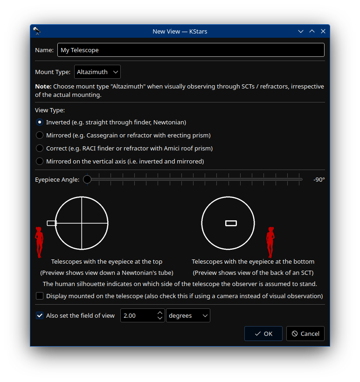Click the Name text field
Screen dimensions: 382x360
pyautogui.click(x=190, y=50)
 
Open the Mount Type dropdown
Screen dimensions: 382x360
pyautogui.click(x=97, y=72)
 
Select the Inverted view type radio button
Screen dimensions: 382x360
pyautogui.click(x=40, y=122)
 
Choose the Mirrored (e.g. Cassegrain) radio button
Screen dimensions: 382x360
pyautogui.click(x=40, y=135)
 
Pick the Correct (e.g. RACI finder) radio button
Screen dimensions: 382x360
pyautogui.click(x=40, y=148)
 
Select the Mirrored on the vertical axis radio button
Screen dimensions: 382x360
pyautogui.click(x=40, y=161)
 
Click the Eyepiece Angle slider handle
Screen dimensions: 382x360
pyautogui.click(x=87, y=179)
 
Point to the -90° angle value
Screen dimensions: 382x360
pyautogui.click(x=319, y=179)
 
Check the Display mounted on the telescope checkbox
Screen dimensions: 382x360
pyautogui.click(x=40, y=296)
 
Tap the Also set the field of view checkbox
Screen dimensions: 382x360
pyautogui.click(x=40, y=315)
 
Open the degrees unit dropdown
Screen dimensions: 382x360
pyautogui.click(x=188, y=315)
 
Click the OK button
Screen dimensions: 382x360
pyautogui.click(x=263, y=334)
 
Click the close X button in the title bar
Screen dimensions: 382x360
pyautogui.click(x=323, y=31)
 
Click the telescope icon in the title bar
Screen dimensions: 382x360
pyautogui.click(x=37, y=31)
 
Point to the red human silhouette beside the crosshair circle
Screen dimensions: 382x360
pyautogui.click(x=40, y=242)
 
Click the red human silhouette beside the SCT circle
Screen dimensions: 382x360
pyautogui.click(x=270, y=242)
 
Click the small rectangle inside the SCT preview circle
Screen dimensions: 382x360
pyautogui.click(x=231, y=223)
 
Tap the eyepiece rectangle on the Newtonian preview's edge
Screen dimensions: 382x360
pyautogui.click(x=52, y=223)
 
